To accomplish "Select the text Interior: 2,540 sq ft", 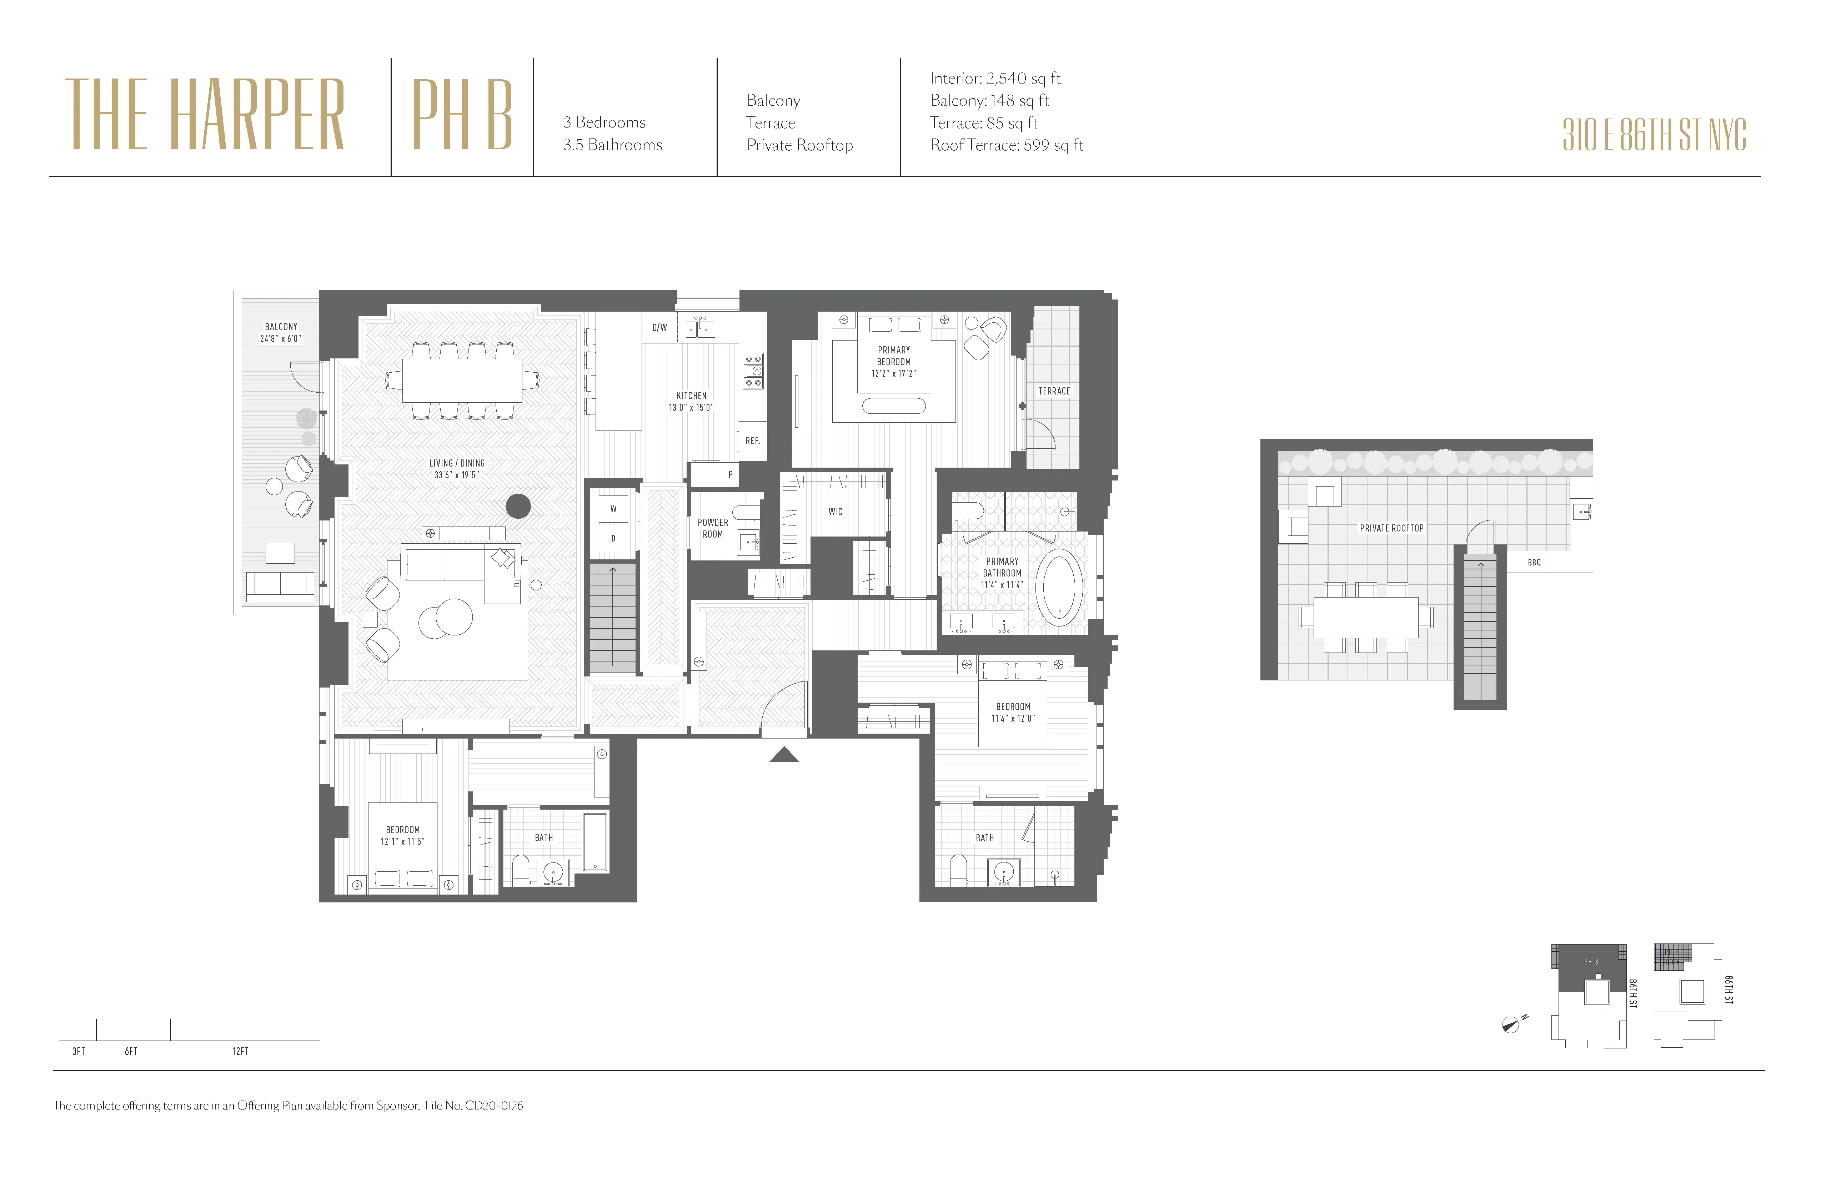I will pyautogui.click(x=995, y=78).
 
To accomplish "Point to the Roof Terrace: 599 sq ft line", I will pyautogui.click(x=1006, y=145).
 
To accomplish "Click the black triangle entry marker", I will pyautogui.click(x=783, y=755).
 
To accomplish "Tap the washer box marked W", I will pyautogui.click(x=613, y=509).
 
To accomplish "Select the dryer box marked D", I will pyautogui.click(x=613, y=539).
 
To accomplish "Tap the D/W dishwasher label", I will pyautogui.click(x=659, y=327).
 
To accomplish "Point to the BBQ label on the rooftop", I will pyautogui.click(x=1534, y=562).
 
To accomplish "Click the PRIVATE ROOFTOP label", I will pyautogui.click(x=1391, y=528).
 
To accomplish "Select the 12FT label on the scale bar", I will pyautogui.click(x=240, y=1051).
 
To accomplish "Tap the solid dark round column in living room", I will pyautogui.click(x=518, y=505).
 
